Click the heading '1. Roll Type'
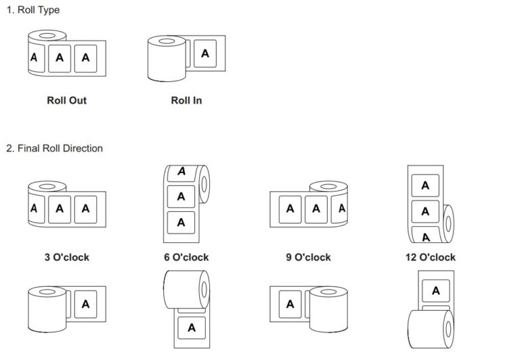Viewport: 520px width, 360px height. pos(32,12)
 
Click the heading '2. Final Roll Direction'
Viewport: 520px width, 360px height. pos(54,148)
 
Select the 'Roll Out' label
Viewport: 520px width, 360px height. pos(66,101)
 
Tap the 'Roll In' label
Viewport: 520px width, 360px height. pos(186,101)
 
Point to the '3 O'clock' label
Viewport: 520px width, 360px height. pos(66,257)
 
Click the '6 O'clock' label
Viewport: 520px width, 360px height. pos(186,257)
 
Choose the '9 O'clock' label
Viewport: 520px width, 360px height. pos(308,257)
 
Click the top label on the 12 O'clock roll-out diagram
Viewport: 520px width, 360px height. pos(425,185)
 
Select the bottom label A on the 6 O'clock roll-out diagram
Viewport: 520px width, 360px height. pos(181,221)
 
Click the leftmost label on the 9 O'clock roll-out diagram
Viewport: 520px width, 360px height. pos(290,209)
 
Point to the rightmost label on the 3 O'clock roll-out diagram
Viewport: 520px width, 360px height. pos(85,209)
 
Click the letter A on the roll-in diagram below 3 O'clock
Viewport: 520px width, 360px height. pos(85,304)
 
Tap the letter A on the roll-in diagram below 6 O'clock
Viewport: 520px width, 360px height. pos(191,328)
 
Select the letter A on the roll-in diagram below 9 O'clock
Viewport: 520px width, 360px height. pos(290,304)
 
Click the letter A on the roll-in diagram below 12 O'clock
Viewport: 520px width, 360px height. pos(435,290)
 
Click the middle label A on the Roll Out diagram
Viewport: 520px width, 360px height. pos(60,58)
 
